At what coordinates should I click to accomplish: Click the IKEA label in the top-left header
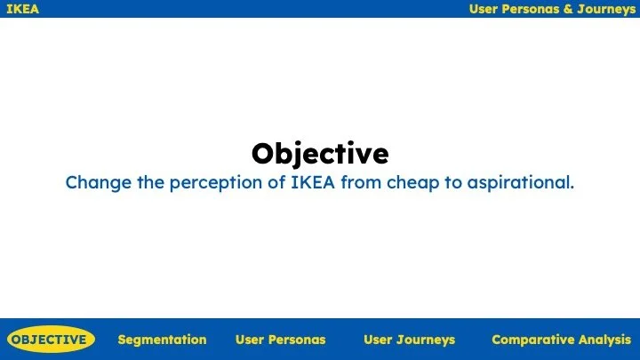tap(22, 9)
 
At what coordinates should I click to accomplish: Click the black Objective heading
tap(320, 153)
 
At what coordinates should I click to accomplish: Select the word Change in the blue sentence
tap(93, 183)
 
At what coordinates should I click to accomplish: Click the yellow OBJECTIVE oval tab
tap(50, 340)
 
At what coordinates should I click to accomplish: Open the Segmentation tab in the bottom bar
tap(162, 340)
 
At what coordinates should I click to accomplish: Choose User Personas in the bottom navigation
tap(280, 340)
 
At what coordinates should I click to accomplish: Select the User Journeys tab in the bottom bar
tap(409, 340)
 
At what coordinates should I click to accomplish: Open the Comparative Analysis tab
tap(561, 340)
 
